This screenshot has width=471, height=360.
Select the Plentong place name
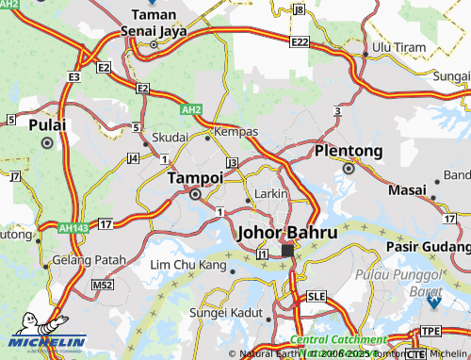pos(349,151)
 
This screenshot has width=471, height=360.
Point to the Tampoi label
pos(195,177)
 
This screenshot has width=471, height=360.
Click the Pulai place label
pos(47,124)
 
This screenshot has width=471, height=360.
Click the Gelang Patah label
pos(89,260)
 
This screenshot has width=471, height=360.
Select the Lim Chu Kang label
pos(188,266)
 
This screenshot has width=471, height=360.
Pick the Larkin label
pos(272,192)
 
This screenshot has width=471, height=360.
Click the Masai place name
pos(407,189)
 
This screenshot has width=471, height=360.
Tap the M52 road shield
pos(102,284)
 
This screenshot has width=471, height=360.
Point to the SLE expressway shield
pos(317,295)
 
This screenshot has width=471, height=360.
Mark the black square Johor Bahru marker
pos(288,251)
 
